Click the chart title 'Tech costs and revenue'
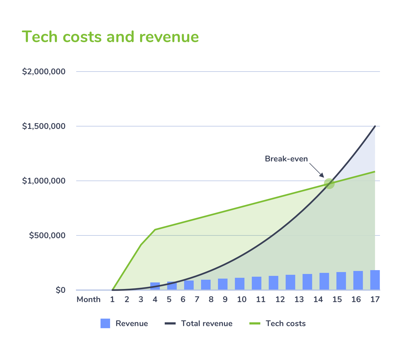coord(110,37)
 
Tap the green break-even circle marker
coord(329,183)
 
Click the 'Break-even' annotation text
coord(286,159)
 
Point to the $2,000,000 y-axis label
coord(44,72)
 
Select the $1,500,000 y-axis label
coord(44,126)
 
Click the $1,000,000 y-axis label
coord(44,181)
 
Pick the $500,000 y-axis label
coord(47,235)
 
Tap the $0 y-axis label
coord(60,290)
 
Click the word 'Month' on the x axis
coord(89,300)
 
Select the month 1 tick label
coord(112,300)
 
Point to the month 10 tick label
coord(242,300)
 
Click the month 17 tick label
coord(375,300)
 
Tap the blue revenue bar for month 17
coord(375,280)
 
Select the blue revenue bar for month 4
coord(155,286)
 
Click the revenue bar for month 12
coord(273,283)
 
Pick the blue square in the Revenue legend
coord(105,323)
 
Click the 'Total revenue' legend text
coord(207,323)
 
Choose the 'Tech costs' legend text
coord(285,323)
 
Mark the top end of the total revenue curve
coord(375,126)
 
